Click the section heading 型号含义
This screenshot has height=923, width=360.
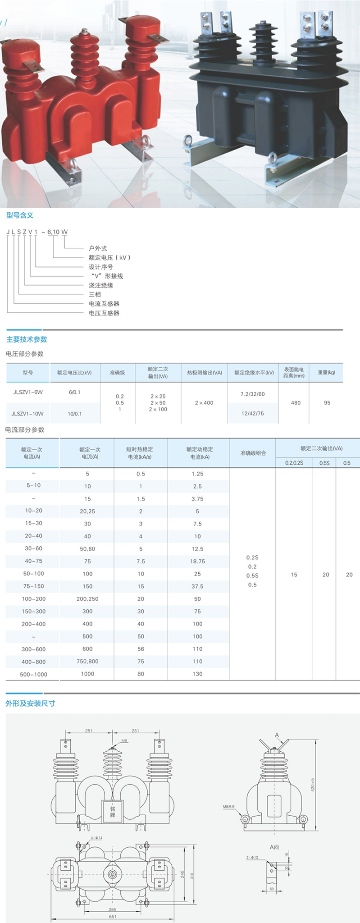[20, 215]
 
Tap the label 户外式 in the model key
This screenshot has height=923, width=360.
[98, 248]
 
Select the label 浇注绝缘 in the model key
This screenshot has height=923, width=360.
[101, 285]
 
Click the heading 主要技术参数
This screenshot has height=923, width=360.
[27, 339]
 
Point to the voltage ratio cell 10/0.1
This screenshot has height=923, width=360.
[75, 413]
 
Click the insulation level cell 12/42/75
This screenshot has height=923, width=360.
[252, 413]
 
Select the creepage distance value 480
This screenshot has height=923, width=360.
[296, 402]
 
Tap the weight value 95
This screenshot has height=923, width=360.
[327, 402]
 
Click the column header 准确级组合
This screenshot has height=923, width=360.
[253, 453]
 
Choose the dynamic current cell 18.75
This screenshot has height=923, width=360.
[197, 562]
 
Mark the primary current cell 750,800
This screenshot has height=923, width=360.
[87, 661]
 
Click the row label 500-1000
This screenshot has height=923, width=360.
[33, 674]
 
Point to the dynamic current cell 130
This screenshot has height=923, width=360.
[197, 674]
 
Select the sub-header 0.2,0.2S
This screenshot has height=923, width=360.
[294, 463]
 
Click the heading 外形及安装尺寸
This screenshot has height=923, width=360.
[30, 704]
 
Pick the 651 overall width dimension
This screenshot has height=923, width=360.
[113, 916]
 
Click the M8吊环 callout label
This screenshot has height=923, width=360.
[229, 806]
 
